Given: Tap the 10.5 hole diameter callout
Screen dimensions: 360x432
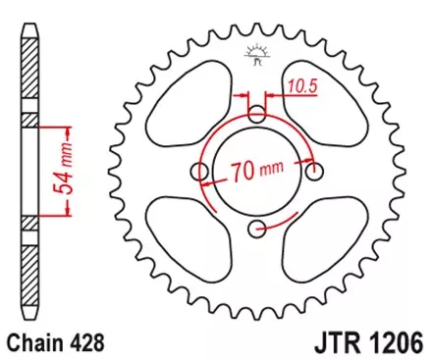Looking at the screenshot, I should point(301,87).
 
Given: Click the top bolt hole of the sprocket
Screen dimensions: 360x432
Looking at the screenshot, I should point(257,115).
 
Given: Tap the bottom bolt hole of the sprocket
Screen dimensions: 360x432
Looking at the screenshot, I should point(257,230).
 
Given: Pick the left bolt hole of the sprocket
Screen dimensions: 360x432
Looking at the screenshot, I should point(200,173).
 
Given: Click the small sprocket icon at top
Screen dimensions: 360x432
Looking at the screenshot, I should point(257,55).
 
